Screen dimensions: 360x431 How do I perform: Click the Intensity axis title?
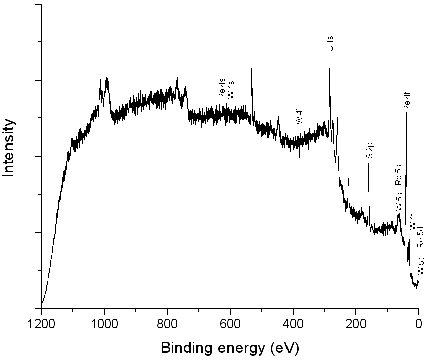pos(9,148)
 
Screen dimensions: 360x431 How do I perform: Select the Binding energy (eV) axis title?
pos(230,347)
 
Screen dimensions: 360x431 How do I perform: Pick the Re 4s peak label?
pos(222,88)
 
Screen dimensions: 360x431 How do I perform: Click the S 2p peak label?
pos(369,151)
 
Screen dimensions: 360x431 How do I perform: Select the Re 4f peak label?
pos(407,101)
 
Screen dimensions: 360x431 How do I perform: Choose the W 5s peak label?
pos(399,201)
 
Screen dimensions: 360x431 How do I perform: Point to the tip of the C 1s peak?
pos(330,57)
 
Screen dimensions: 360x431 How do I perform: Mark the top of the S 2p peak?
pos(368,163)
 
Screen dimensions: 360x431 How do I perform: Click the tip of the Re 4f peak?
pos(406,113)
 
